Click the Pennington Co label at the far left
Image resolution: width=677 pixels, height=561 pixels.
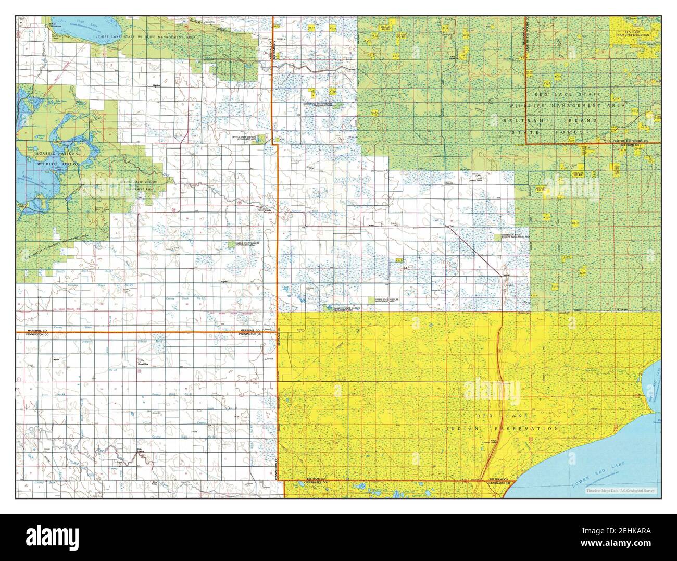[33, 335]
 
